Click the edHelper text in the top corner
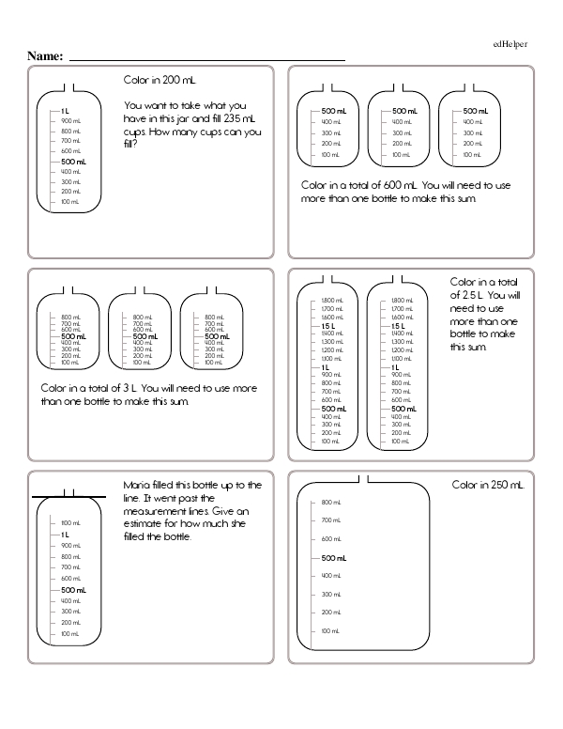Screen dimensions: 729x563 pyautogui.click(x=510, y=44)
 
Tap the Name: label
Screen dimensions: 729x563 pyautogui.click(x=45, y=56)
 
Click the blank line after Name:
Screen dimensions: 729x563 pyautogui.click(x=206, y=59)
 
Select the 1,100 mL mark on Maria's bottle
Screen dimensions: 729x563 pyautogui.click(x=69, y=523)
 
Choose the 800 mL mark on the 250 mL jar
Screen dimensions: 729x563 pyautogui.click(x=329, y=502)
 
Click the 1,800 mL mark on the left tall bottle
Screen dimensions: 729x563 pyautogui.click(x=332, y=300)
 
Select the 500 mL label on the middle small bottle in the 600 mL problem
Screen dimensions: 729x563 pyautogui.click(x=405, y=111)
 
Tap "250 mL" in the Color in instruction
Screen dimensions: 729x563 pyautogui.click(x=507, y=485)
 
